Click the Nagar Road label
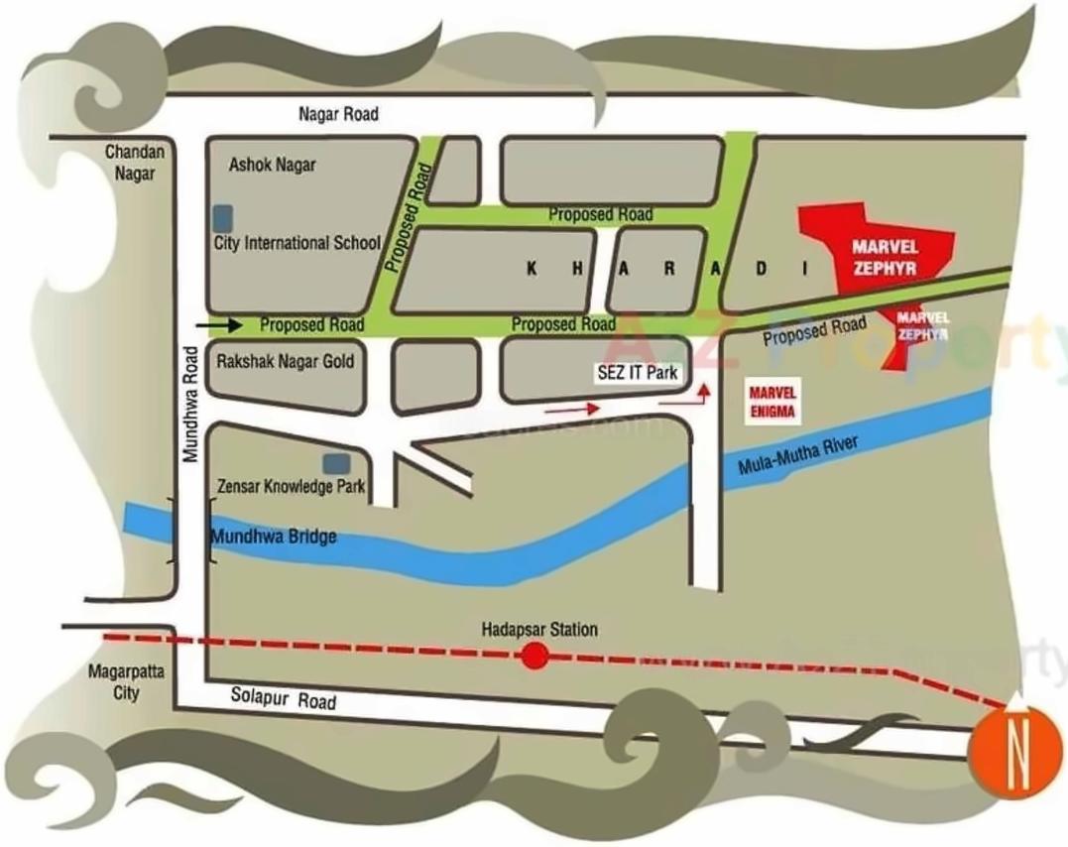pyautogui.click(x=338, y=114)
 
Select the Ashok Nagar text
pyautogui.click(x=272, y=165)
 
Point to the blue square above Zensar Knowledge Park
pyautogui.click(x=336, y=463)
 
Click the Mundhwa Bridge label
pyautogui.click(x=274, y=537)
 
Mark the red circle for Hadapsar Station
pyautogui.click(x=534, y=656)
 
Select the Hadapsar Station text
pyautogui.click(x=539, y=629)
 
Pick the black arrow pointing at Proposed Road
pyautogui.click(x=219, y=324)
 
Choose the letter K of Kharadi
pyautogui.click(x=533, y=269)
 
